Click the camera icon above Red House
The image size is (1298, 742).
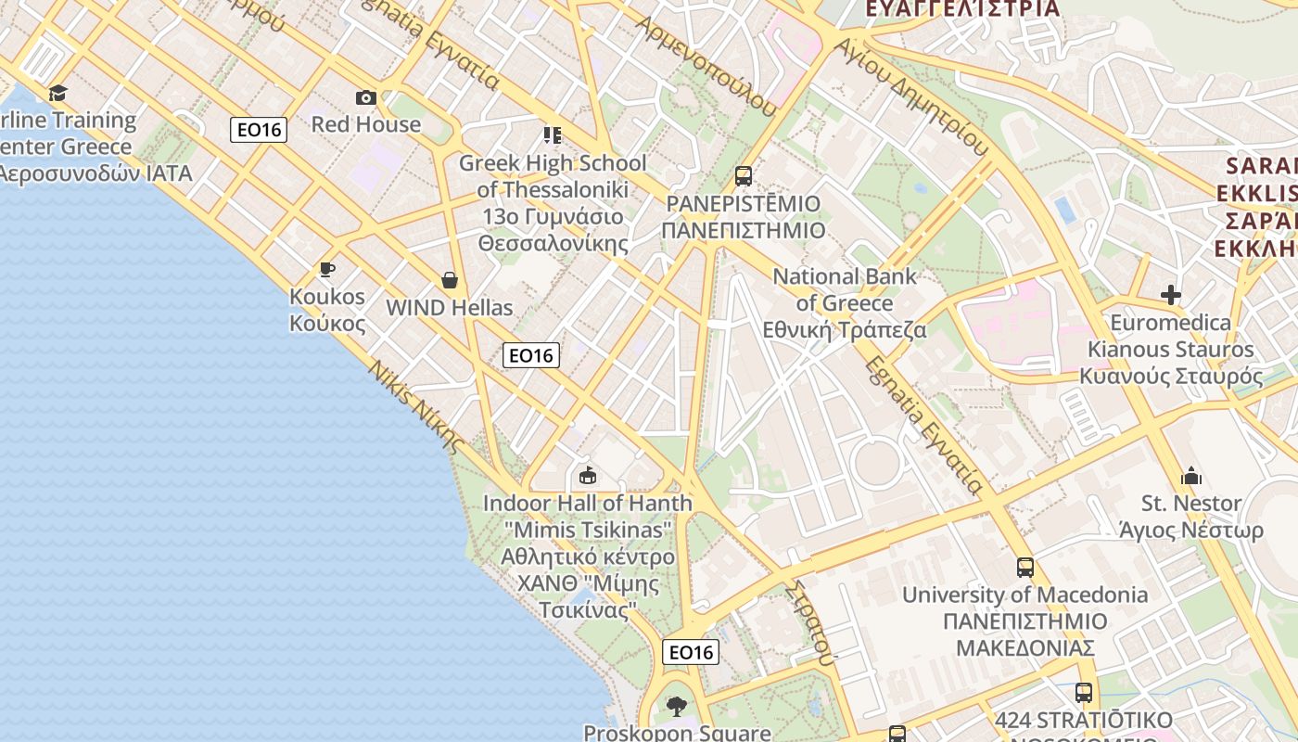coord(366,97)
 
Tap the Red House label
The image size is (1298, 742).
coord(366,124)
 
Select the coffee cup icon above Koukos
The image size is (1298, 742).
coord(326,270)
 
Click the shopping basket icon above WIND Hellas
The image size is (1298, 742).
coord(450,280)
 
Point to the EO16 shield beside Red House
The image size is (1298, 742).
coord(259,130)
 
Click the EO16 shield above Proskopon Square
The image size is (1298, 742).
coord(691,652)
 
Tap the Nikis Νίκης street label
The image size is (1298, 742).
coord(415,406)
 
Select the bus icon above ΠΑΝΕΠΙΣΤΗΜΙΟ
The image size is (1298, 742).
coord(743,176)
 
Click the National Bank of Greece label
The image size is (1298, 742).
coord(844,302)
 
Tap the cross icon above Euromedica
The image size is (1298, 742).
coord(1171,295)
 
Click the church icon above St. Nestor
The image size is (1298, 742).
coord(1191,477)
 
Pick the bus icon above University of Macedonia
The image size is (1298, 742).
coord(1024,568)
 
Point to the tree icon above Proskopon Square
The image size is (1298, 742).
coord(677,707)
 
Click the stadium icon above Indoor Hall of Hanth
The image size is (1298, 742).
coord(587,476)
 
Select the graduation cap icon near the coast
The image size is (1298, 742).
coord(58,93)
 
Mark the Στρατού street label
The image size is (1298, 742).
coord(808,622)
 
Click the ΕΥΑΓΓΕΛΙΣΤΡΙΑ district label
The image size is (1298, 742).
coord(961,8)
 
